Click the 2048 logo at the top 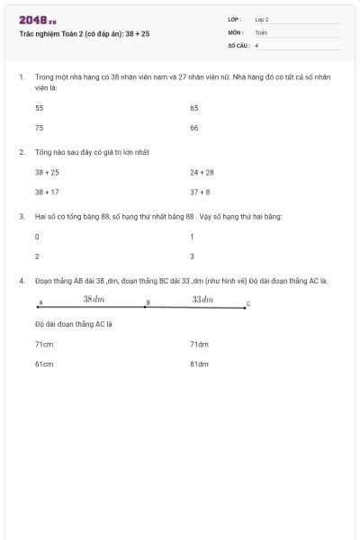pyautogui.click(x=37, y=19)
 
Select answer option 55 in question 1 pyautogui.click(x=39, y=107)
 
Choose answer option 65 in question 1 pyautogui.click(x=194, y=107)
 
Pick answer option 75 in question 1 pyautogui.click(x=39, y=128)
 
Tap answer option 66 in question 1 pyautogui.click(x=194, y=128)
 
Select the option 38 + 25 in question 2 pyautogui.click(x=47, y=171)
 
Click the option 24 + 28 pyautogui.click(x=202, y=171)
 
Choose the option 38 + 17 pyautogui.click(x=47, y=192)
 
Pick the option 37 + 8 pyautogui.click(x=200, y=192)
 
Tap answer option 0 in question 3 pyautogui.click(x=37, y=236)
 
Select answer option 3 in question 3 pyautogui.click(x=192, y=256)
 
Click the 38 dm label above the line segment pyautogui.click(x=94, y=298)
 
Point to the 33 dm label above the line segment pyautogui.click(x=202, y=298)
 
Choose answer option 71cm pyautogui.click(x=44, y=344)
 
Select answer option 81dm pyautogui.click(x=199, y=364)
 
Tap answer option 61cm pyautogui.click(x=44, y=364)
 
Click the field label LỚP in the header pyautogui.click(x=235, y=19)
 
